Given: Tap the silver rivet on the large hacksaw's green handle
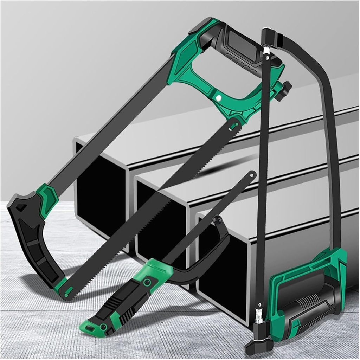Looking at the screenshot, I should (218, 98).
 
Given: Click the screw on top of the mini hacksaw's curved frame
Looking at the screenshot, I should (218, 220).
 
